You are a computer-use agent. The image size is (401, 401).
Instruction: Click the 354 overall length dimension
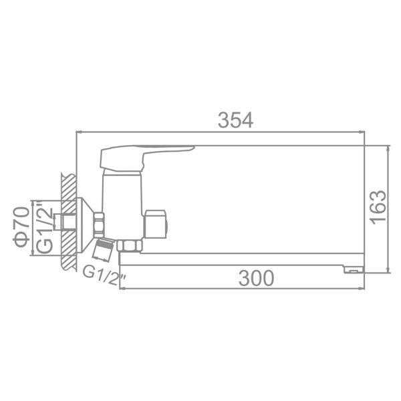pyautogui.click(x=235, y=120)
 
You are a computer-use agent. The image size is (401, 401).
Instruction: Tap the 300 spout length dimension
pyautogui.click(x=256, y=278)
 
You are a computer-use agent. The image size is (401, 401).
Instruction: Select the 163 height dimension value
pyautogui.click(x=378, y=208)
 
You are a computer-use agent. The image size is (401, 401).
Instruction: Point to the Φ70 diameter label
pyautogui.click(x=21, y=227)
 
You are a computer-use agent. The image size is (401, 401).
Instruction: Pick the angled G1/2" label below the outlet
pyautogui.click(x=104, y=277)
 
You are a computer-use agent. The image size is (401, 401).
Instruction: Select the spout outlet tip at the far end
pyautogui.click(x=354, y=269)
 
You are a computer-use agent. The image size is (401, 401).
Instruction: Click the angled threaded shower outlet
pyautogui.click(x=103, y=249)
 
